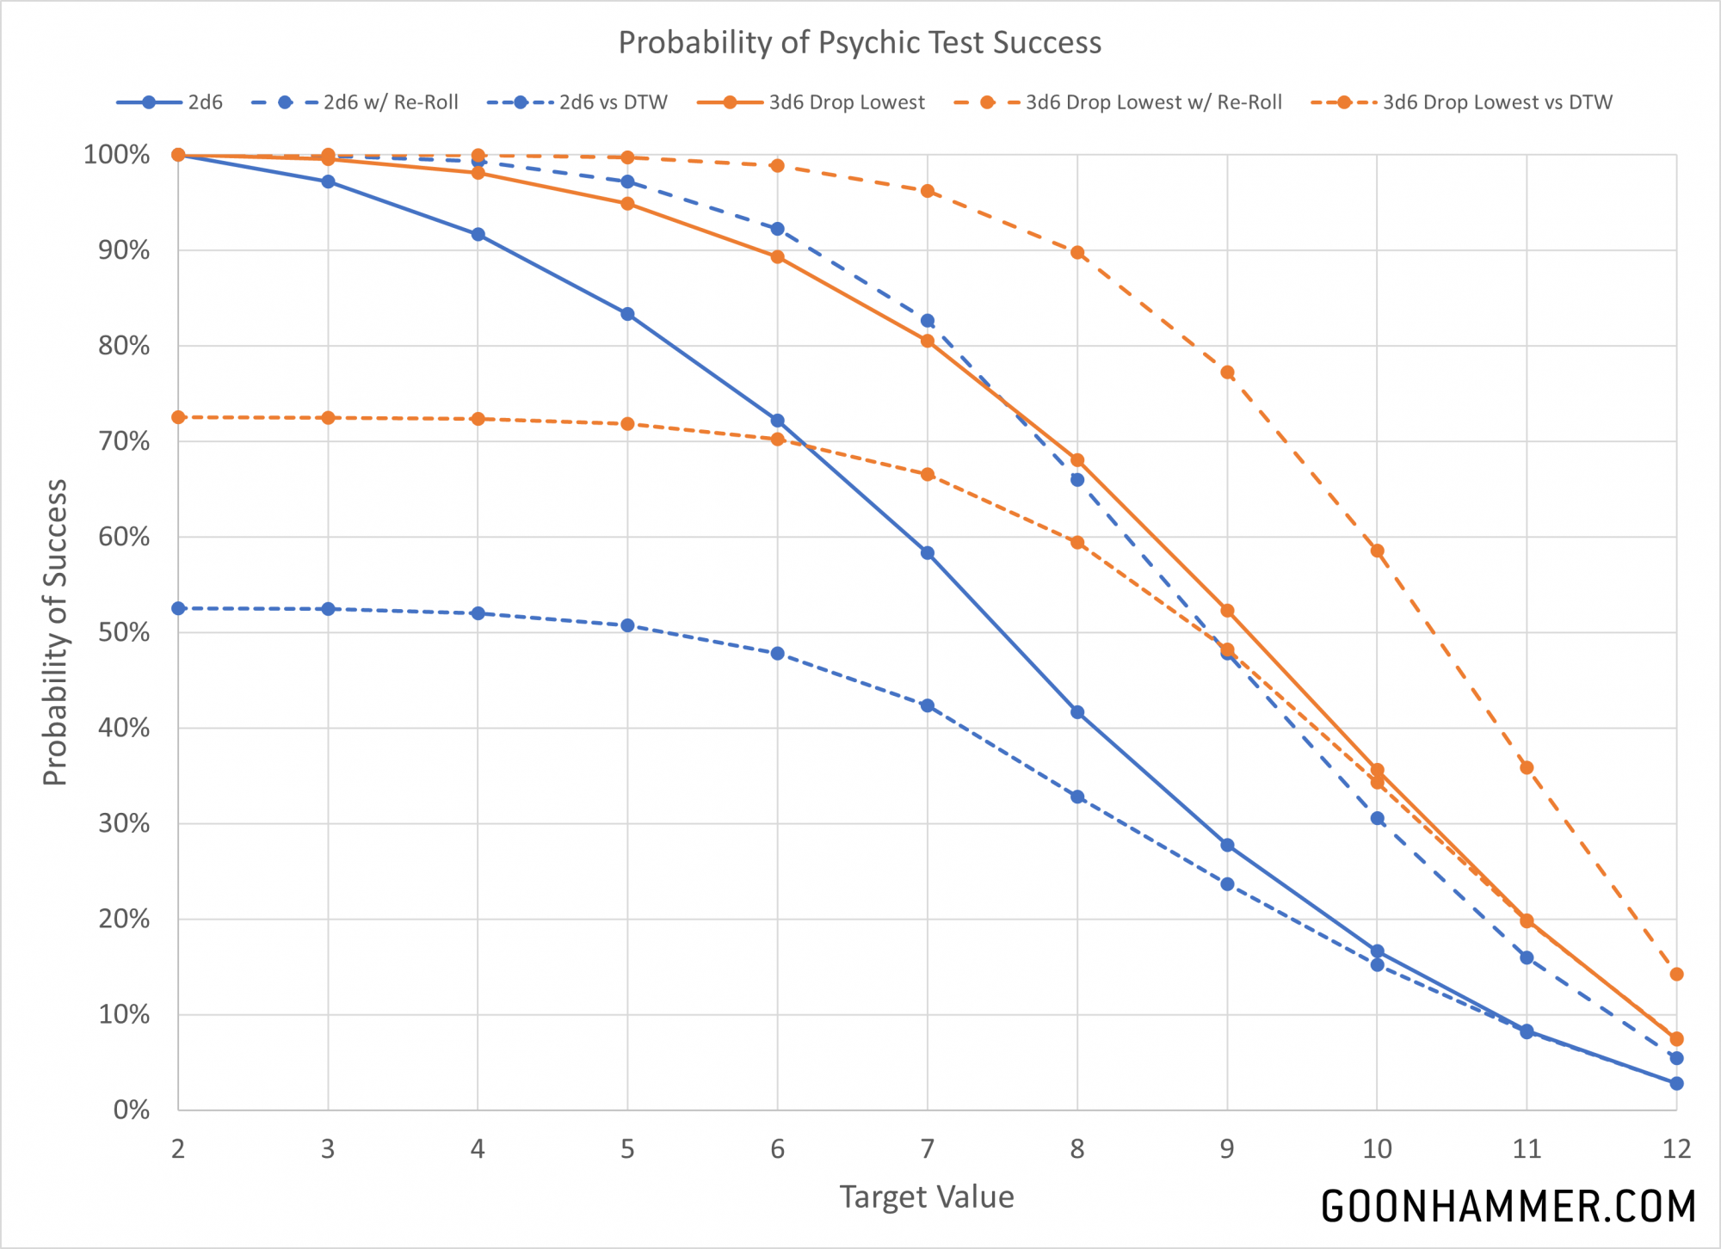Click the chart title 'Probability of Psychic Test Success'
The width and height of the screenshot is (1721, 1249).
pyautogui.click(x=860, y=43)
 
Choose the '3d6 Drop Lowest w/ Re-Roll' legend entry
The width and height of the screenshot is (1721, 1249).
pyautogui.click(x=1118, y=102)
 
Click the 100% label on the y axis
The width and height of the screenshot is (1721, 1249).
pyautogui.click(x=117, y=156)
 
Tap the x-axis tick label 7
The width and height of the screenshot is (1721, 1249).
pyautogui.click(x=927, y=1149)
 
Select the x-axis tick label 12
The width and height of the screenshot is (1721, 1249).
pyautogui.click(x=1675, y=1149)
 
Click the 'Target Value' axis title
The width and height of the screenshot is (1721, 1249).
pyautogui.click(x=927, y=1197)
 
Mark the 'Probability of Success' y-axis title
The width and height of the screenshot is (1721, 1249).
pyautogui.click(x=55, y=632)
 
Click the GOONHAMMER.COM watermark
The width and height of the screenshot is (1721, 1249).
pyautogui.click(x=1508, y=1206)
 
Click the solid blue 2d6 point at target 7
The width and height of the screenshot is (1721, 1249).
pyautogui.click(x=927, y=553)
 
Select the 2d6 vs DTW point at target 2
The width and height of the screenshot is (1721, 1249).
pyautogui.click(x=178, y=608)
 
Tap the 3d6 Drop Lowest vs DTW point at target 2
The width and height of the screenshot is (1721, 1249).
pyautogui.click(x=178, y=417)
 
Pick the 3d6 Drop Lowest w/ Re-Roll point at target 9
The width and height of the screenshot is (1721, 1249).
pyautogui.click(x=1227, y=372)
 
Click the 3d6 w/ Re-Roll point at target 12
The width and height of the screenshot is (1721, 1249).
pyautogui.click(x=1676, y=975)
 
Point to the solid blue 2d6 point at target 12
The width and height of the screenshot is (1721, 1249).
pyautogui.click(x=1676, y=1084)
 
